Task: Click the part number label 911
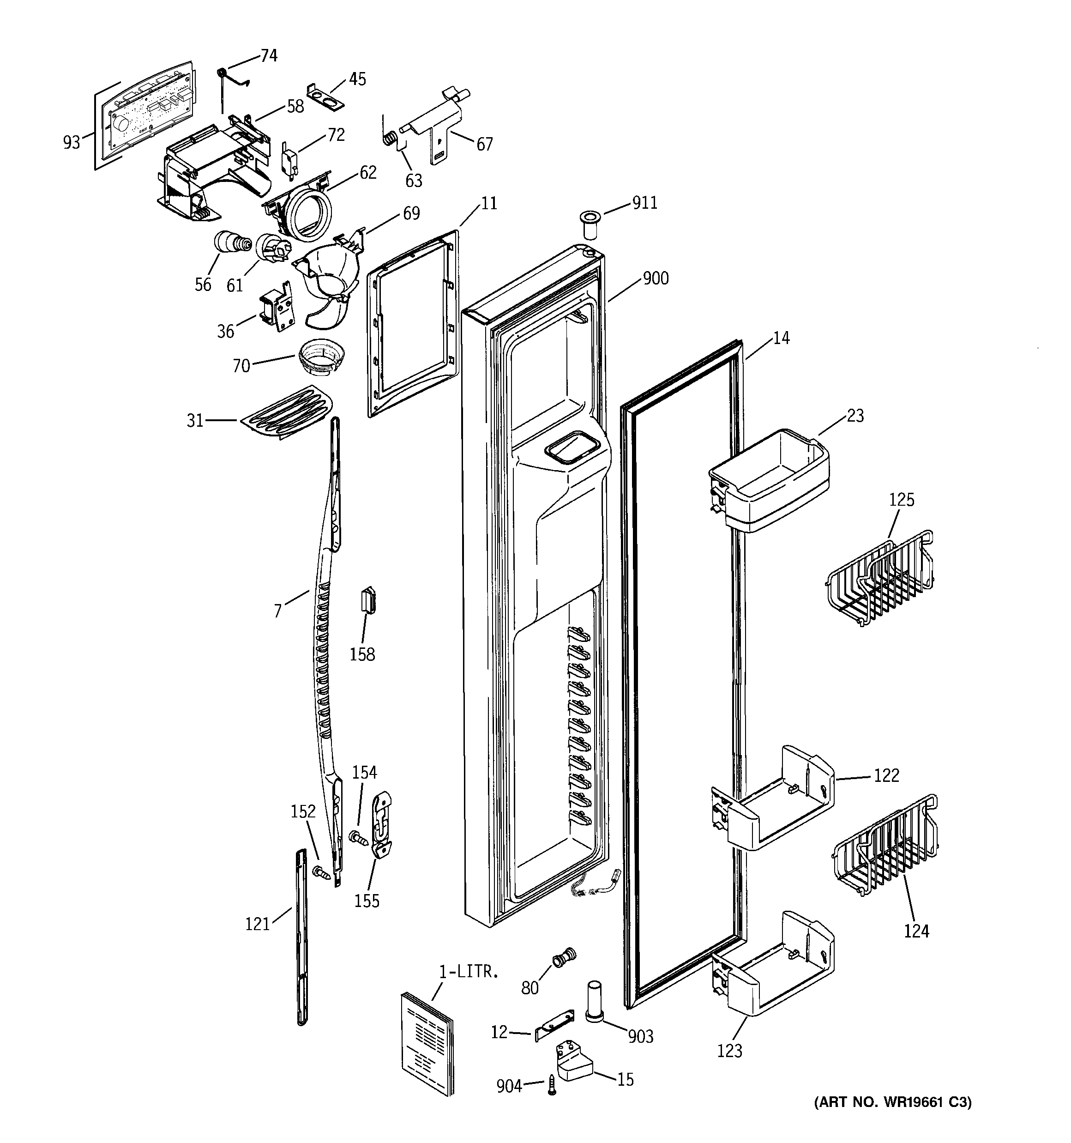point(644,203)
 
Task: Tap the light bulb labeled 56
point(231,242)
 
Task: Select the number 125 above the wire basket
point(902,500)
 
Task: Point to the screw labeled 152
point(321,873)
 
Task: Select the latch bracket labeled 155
point(382,824)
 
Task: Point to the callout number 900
point(656,278)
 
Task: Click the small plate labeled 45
point(326,95)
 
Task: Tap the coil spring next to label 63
point(389,139)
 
